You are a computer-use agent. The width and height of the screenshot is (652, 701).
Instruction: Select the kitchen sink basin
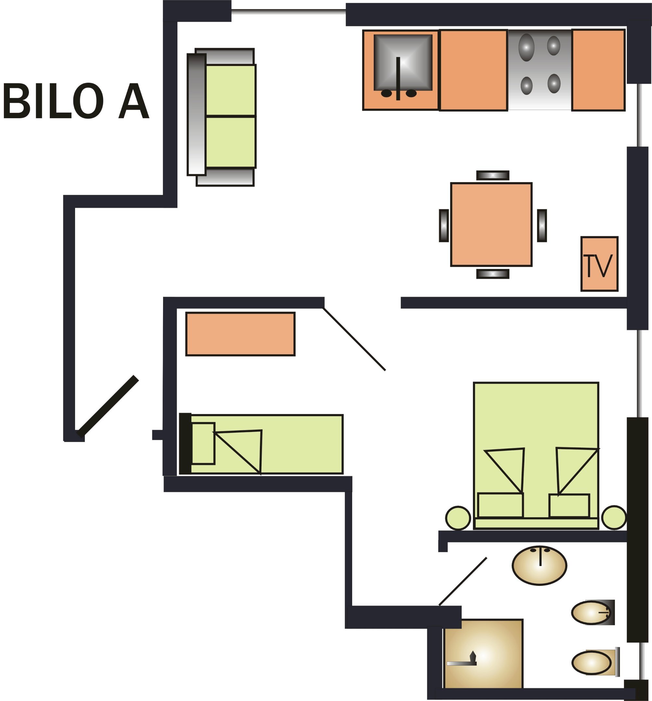click(x=403, y=62)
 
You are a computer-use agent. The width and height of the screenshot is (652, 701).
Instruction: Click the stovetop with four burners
click(x=540, y=69)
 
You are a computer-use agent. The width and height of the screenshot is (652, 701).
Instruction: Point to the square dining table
click(x=491, y=224)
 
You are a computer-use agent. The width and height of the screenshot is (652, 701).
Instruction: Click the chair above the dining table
click(x=492, y=175)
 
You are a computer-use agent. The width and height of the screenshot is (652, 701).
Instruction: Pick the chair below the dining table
click(x=492, y=274)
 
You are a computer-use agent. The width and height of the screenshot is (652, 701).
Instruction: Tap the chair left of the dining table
click(x=443, y=226)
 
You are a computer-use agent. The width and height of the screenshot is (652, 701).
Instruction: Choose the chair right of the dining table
click(x=542, y=226)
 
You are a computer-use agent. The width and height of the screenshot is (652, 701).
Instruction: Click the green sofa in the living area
click(x=230, y=116)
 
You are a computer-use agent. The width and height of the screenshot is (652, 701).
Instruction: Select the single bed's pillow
click(x=203, y=443)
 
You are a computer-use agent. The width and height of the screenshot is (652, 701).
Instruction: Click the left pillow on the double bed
click(x=500, y=505)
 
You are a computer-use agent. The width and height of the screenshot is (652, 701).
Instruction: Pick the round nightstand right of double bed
click(x=614, y=517)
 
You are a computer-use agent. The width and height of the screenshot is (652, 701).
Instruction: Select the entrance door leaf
click(x=108, y=406)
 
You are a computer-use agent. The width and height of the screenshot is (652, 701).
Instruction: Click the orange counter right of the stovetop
click(x=598, y=70)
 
